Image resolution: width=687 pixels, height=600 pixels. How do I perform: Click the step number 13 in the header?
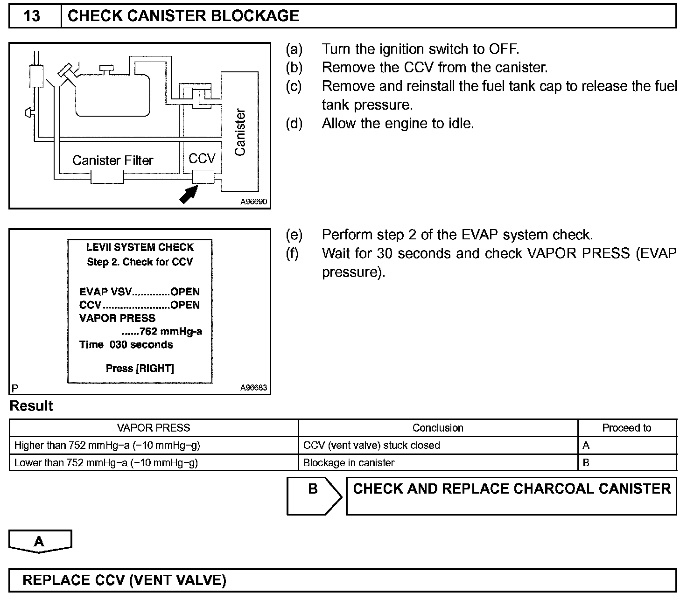click(x=32, y=16)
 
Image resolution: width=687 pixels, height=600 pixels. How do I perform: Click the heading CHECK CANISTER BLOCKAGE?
click(x=183, y=16)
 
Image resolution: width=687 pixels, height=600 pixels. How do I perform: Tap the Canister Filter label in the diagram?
click(x=112, y=160)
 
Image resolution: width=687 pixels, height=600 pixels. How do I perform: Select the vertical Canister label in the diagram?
click(x=240, y=133)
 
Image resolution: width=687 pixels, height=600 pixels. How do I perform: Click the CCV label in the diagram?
click(x=202, y=159)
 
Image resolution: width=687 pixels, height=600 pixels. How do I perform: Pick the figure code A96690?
click(x=254, y=202)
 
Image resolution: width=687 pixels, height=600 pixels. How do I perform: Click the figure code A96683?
click(x=254, y=388)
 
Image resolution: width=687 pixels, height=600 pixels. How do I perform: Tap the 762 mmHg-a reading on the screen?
click(x=162, y=332)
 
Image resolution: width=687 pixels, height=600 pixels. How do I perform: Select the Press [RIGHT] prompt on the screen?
click(x=140, y=369)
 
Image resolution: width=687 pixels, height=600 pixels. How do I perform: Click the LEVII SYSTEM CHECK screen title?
click(x=140, y=247)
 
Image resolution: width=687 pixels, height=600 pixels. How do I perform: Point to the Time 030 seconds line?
click(x=126, y=345)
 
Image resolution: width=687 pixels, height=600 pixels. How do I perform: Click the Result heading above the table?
click(x=31, y=406)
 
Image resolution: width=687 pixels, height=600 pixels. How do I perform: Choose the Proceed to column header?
click(x=626, y=428)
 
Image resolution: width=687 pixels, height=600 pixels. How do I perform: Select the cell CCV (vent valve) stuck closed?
click(x=372, y=446)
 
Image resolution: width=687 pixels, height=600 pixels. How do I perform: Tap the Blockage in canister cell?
click(x=349, y=463)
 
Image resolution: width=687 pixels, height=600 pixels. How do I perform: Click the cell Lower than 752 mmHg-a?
click(x=106, y=463)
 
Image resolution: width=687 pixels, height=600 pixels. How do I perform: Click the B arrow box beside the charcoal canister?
click(x=314, y=496)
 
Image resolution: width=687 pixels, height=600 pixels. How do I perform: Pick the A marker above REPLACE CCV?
click(x=40, y=541)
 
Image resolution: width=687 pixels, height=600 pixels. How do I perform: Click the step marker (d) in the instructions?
click(x=294, y=124)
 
